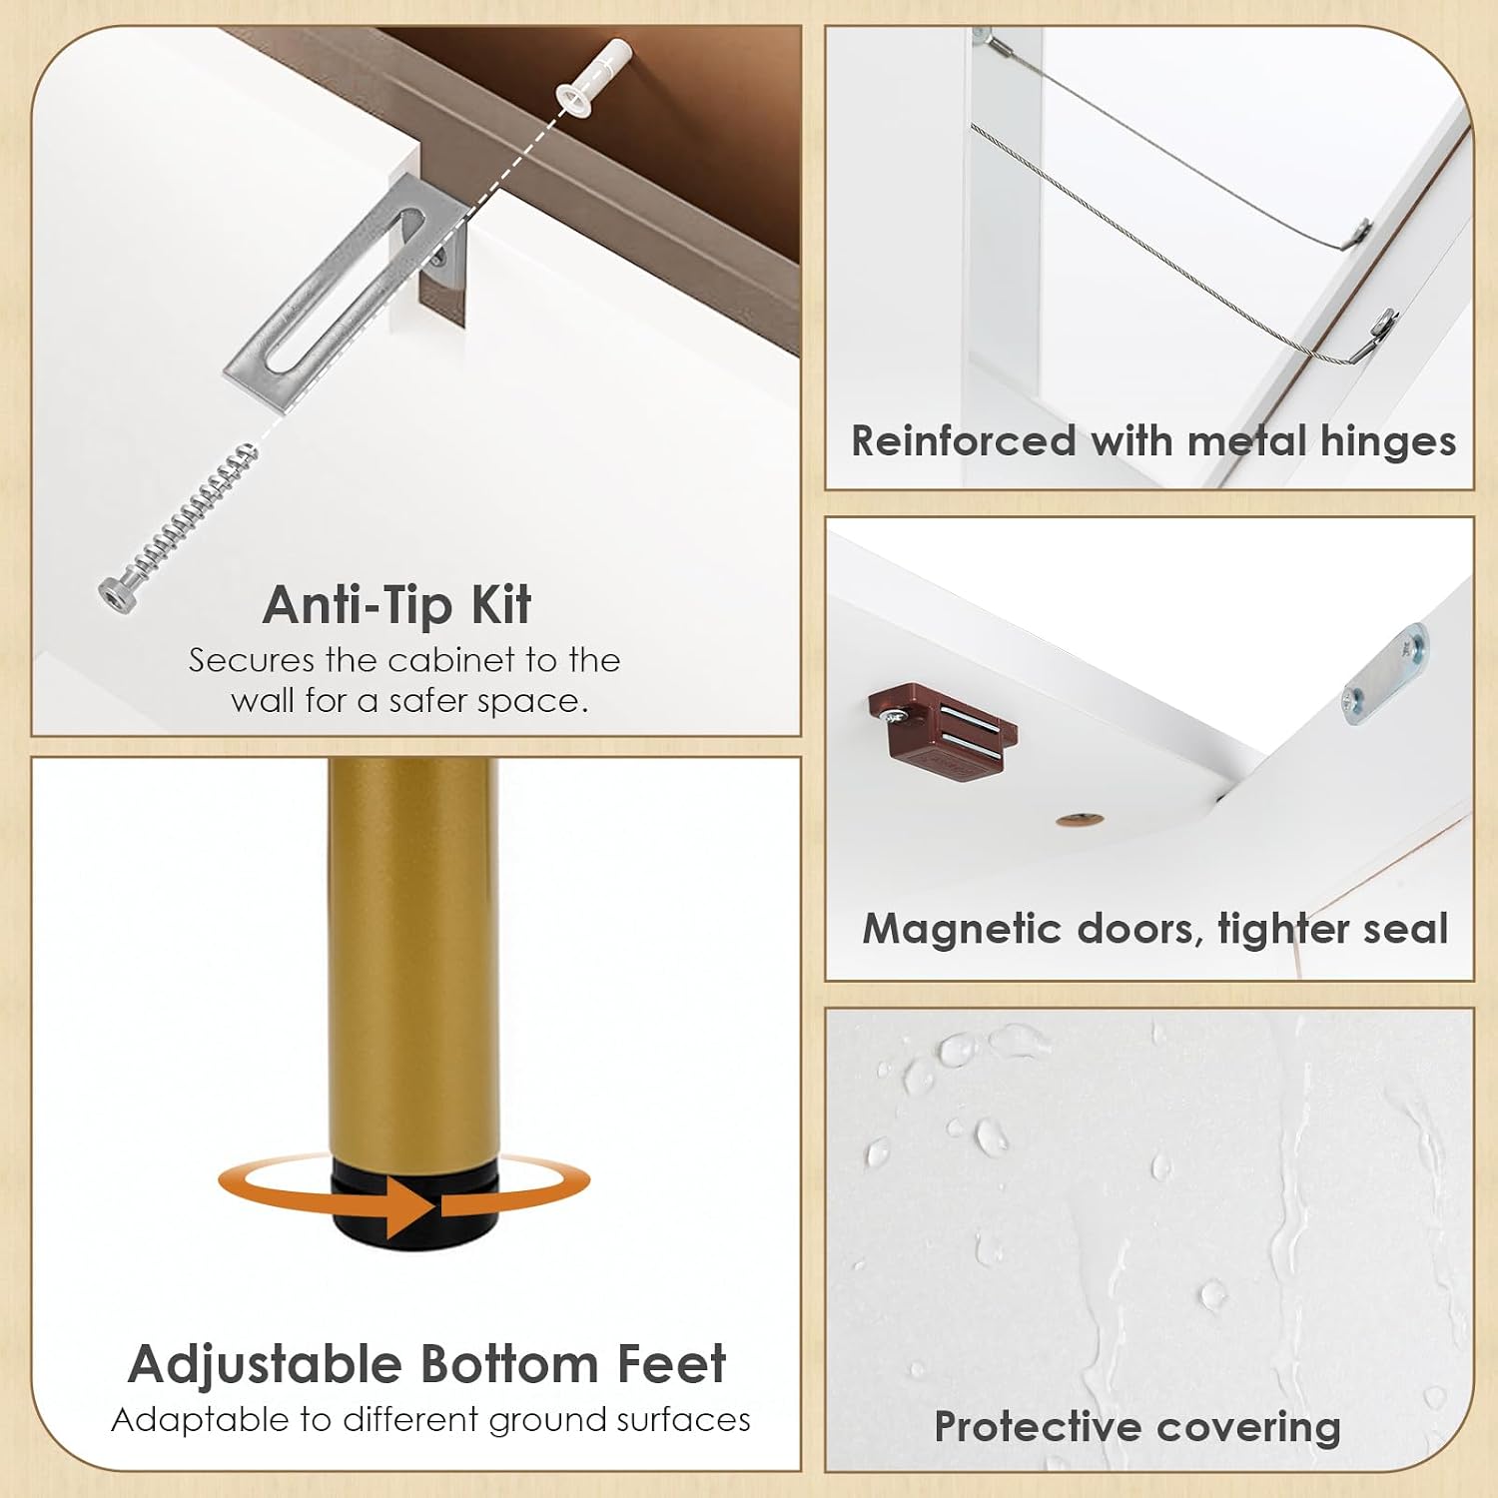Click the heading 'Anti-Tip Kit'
click(396, 605)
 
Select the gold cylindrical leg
click(412, 960)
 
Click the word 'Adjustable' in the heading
click(265, 1365)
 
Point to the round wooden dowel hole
click(1080, 821)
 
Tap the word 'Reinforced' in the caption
click(964, 441)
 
